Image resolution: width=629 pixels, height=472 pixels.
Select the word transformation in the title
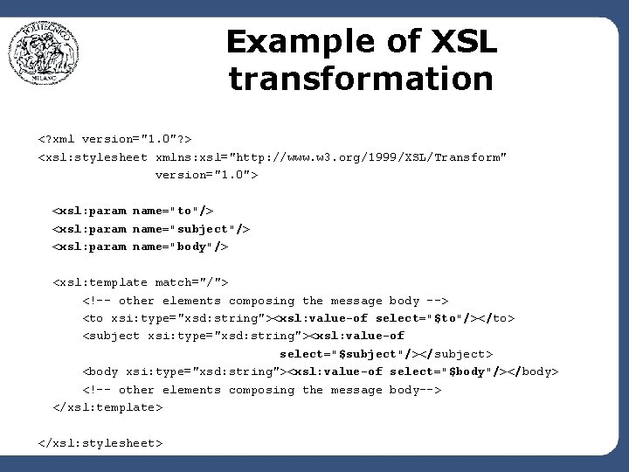[x=361, y=79]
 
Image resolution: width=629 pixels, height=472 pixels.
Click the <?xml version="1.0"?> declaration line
[x=115, y=138]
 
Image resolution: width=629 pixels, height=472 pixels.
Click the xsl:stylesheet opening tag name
[x=93, y=156]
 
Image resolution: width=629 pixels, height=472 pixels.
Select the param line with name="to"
[x=133, y=211]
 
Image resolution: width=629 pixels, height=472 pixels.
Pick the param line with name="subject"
[x=151, y=228]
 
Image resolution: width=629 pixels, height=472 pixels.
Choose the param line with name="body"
[x=141, y=246]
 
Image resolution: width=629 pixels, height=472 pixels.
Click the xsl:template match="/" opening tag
[x=141, y=282]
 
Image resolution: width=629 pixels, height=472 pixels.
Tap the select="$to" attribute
[x=418, y=318]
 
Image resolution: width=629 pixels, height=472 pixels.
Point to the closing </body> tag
[x=533, y=371]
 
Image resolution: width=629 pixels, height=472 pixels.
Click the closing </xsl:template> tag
[x=107, y=407]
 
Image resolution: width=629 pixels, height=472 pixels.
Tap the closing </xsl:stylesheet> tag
[x=100, y=443]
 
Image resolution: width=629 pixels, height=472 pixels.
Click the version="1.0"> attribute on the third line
[x=206, y=175]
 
